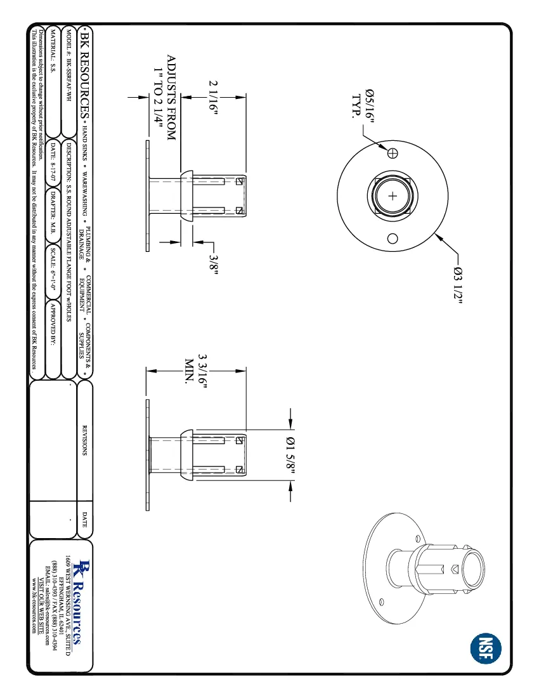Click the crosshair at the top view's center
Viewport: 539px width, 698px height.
(x=393, y=196)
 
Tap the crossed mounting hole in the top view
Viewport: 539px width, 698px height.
(x=393, y=153)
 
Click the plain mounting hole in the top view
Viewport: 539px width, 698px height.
(x=393, y=239)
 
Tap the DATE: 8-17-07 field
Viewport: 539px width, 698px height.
(x=53, y=158)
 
